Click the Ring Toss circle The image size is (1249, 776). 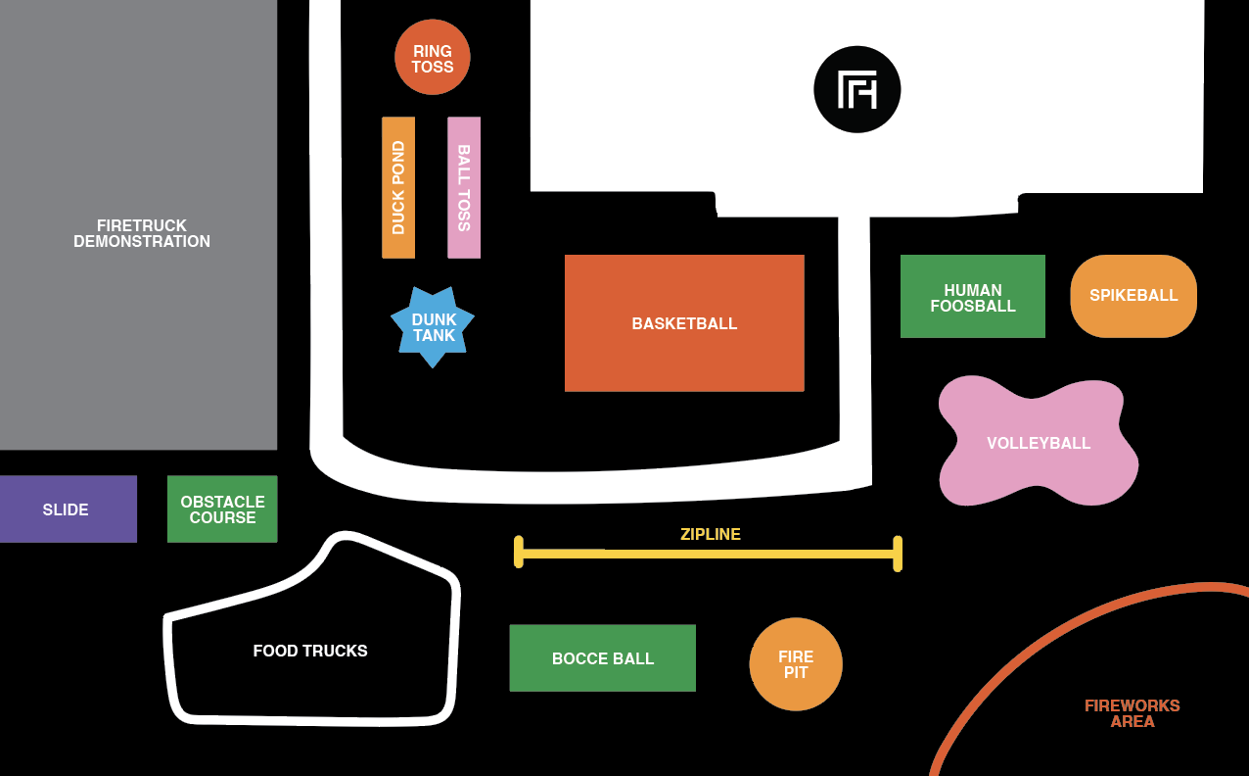[432, 58]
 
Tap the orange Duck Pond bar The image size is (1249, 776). [398, 187]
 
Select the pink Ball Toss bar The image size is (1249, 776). [464, 187]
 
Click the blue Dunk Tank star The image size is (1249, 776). [433, 327]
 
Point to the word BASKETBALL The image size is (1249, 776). [684, 323]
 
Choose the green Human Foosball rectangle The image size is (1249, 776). [972, 297]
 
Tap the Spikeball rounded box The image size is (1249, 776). [1133, 296]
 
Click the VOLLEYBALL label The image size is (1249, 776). [1039, 443]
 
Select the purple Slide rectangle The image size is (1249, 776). [67, 509]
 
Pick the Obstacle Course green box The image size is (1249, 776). [222, 509]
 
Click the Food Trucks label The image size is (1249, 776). [310, 652]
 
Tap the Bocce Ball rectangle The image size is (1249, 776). [602, 658]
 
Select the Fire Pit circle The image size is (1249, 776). [796, 664]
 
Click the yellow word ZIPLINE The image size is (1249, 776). [711, 535]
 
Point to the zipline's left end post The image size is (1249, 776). [519, 552]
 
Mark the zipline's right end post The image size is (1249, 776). [898, 554]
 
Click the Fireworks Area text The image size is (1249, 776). [1133, 713]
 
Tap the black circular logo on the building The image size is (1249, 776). [856, 90]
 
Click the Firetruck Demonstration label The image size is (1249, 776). [142, 233]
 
